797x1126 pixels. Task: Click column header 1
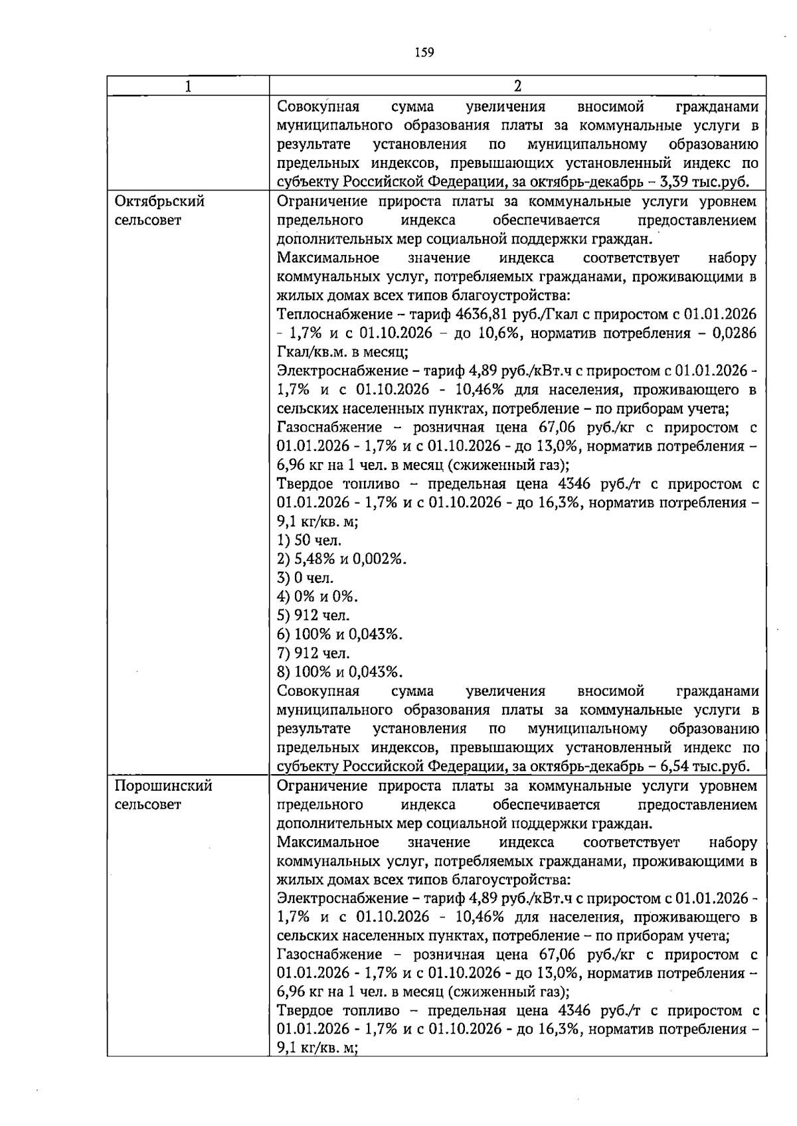(x=188, y=86)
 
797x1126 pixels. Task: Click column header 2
(x=517, y=86)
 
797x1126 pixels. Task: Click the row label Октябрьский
(x=159, y=201)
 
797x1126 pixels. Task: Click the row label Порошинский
(x=163, y=786)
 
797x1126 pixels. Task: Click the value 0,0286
(x=734, y=333)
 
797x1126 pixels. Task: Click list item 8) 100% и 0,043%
(x=339, y=672)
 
